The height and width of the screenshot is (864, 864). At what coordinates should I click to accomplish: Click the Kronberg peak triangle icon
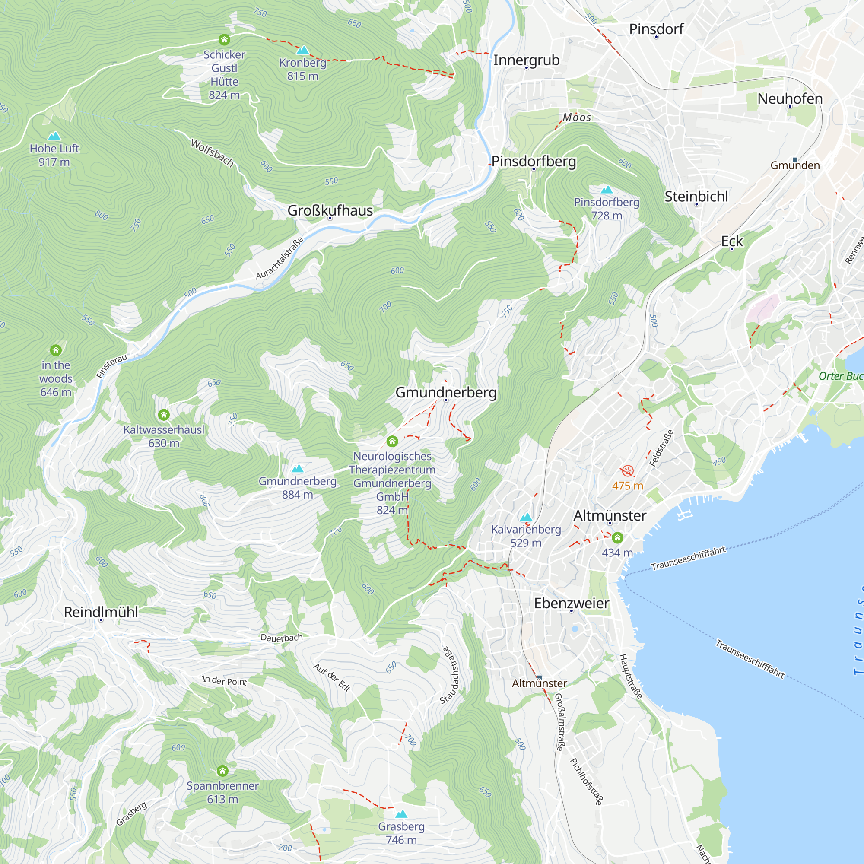[x=303, y=50]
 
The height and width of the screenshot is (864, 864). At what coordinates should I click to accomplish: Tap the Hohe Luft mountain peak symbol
[x=54, y=136]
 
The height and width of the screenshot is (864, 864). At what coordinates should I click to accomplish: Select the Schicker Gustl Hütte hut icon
[x=224, y=40]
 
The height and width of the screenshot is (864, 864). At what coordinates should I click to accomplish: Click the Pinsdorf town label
[x=656, y=29]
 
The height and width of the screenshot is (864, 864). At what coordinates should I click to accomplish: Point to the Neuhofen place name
[x=790, y=99]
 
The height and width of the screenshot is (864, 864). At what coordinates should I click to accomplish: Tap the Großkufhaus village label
[x=330, y=210]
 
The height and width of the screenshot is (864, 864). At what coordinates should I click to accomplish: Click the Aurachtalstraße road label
[x=280, y=258]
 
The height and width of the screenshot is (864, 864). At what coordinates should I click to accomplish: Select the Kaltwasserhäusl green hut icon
[x=164, y=415]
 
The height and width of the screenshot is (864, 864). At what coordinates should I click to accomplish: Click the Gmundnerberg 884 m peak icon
[x=297, y=469]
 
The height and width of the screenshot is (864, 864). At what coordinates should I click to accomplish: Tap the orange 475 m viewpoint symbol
[x=627, y=471]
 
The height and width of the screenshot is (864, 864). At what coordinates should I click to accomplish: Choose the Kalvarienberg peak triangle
[x=526, y=517]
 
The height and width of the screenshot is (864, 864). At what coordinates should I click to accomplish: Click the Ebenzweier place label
[x=571, y=603]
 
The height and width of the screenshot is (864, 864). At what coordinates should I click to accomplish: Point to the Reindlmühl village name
[x=101, y=612]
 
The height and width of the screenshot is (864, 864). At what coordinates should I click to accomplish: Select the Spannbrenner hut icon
[x=222, y=771]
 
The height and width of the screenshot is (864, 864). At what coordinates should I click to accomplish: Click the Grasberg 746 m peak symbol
[x=401, y=813]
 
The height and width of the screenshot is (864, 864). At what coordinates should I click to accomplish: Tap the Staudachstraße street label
[x=450, y=675]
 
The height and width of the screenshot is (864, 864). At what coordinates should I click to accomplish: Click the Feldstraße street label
[x=661, y=448]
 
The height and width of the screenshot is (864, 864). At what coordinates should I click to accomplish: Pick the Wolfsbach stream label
[x=212, y=153]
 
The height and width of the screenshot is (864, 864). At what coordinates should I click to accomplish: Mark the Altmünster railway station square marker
[x=539, y=677]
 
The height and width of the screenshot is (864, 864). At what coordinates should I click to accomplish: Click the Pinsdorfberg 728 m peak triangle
[x=607, y=189]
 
